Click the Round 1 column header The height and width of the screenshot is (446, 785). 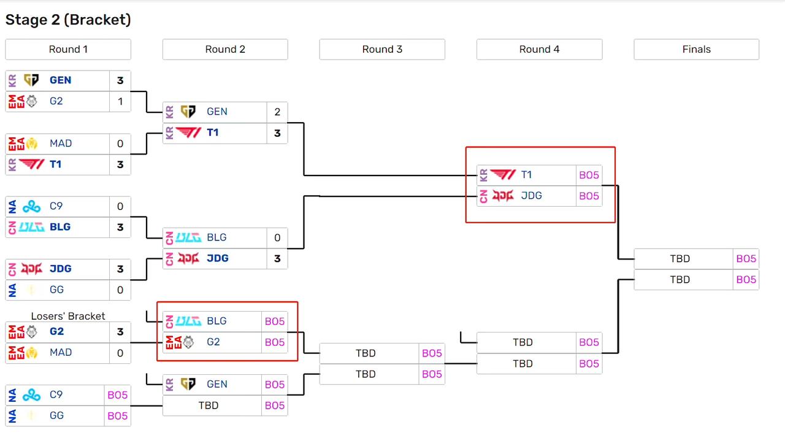tap(68, 50)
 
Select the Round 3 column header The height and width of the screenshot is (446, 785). tap(382, 50)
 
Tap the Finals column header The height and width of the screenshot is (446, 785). tap(696, 50)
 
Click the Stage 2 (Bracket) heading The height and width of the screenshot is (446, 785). tap(68, 20)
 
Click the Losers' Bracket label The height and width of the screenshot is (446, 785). tap(68, 316)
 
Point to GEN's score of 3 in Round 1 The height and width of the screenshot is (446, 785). tap(120, 80)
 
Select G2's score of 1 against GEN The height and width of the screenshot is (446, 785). tap(120, 101)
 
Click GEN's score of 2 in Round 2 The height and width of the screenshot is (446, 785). tap(277, 112)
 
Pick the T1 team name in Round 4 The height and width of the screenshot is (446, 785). tap(526, 175)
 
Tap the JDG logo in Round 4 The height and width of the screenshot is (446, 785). tap(502, 196)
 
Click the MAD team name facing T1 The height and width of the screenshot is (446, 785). tap(61, 144)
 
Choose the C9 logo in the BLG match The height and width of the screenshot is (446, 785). tap(31, 206)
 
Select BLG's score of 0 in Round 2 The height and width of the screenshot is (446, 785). tap(277, 237)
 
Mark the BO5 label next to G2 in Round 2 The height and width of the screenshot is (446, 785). tap(275, 342)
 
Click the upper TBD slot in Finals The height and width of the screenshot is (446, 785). tap(680, 259)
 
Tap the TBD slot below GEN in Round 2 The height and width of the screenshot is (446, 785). tap(209, 406)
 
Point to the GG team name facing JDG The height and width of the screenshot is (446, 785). tap(56, 290)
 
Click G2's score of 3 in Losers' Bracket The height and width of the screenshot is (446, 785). tap(120, 332)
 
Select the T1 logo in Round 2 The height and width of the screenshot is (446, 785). tap(188, 133)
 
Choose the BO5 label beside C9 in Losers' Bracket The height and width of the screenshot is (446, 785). tap(118, 395)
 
